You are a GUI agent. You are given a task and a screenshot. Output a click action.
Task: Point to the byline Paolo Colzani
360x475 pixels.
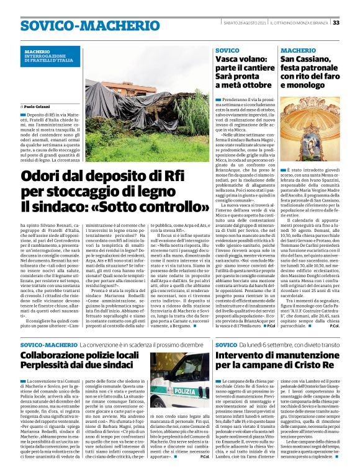pos(40,107)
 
